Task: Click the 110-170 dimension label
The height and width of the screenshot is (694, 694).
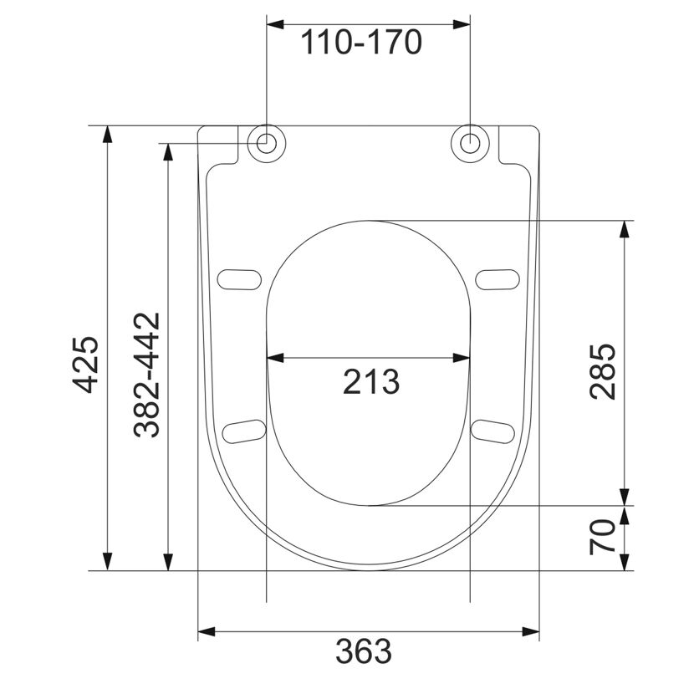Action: [x=361, y=43]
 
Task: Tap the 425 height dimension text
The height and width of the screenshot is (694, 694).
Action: [x=85, y=365]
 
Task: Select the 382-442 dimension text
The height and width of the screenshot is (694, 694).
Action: [x=146, y=375]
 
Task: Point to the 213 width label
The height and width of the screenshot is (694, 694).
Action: [x=371, y=382]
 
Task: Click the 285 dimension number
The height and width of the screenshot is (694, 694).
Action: [x=602, y=371]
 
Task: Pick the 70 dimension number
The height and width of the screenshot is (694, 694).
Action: [x=602, y=538]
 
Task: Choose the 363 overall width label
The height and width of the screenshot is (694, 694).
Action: [x=364, y=651]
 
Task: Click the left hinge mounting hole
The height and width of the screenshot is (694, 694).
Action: [x=267, y=144]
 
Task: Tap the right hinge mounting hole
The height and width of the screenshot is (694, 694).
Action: [x=470, y=144]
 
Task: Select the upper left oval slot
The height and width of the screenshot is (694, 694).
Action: [x=239, y=280]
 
